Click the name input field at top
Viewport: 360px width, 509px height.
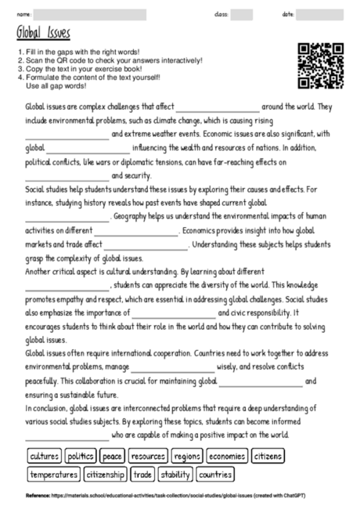(90, 14)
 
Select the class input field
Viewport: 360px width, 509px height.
(242, 14)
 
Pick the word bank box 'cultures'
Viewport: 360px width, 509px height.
(44, 455)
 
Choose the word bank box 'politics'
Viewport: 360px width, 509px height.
(81, 455)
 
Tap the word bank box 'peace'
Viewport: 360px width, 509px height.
(113, 455)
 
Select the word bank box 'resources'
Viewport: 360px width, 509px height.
(148, 455)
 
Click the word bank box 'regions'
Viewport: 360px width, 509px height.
(188, 455)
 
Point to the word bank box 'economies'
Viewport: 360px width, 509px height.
(227, 455)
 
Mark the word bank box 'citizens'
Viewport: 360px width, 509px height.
(268, 455)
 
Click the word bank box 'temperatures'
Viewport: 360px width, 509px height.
(53, 474)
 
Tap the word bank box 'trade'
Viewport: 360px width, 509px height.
(142, 474)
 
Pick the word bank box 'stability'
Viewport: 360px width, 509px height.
(175, 474)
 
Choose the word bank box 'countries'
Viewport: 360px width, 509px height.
(215, 474)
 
